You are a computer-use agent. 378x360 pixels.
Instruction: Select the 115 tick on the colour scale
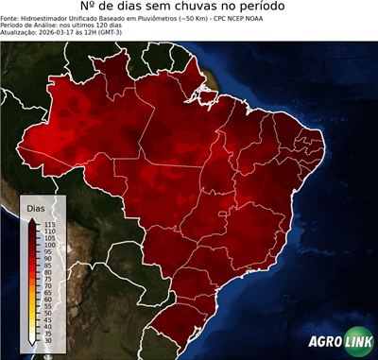coord(49,224)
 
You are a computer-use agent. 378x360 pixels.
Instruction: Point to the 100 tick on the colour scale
coord(49,245)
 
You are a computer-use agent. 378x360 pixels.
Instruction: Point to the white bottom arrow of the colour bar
coord(34,345)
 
